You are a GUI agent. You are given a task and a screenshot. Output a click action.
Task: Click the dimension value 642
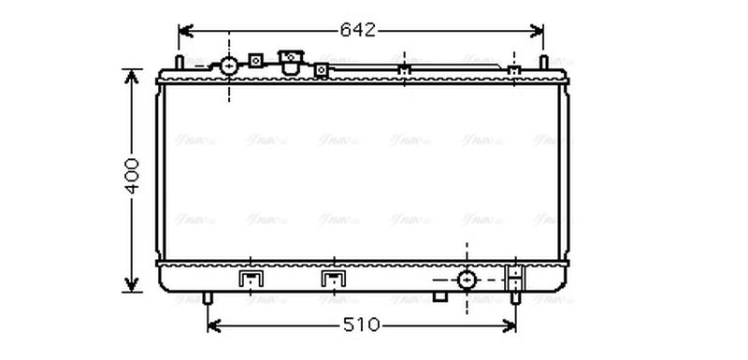[357, 30]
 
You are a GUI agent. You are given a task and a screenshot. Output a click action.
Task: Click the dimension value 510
[362, 325]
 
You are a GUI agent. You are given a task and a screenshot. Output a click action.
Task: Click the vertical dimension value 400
[132, 175]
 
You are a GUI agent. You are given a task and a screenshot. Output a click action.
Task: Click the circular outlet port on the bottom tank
[466, 280]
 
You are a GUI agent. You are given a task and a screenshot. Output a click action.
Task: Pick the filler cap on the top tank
[292, 63]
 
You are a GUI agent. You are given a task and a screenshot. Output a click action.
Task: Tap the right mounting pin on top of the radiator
[543, 63]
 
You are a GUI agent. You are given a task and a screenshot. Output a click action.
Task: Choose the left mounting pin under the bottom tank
[208, 298]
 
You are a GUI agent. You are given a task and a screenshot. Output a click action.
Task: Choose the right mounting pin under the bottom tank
[515, 298]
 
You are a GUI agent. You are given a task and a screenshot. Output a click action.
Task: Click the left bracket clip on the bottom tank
[250, 280]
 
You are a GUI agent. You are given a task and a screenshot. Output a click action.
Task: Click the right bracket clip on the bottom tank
[332, 280]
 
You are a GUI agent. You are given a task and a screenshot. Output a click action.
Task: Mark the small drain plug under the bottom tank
[439, 296]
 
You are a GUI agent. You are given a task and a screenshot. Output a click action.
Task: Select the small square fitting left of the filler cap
[254, 62]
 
